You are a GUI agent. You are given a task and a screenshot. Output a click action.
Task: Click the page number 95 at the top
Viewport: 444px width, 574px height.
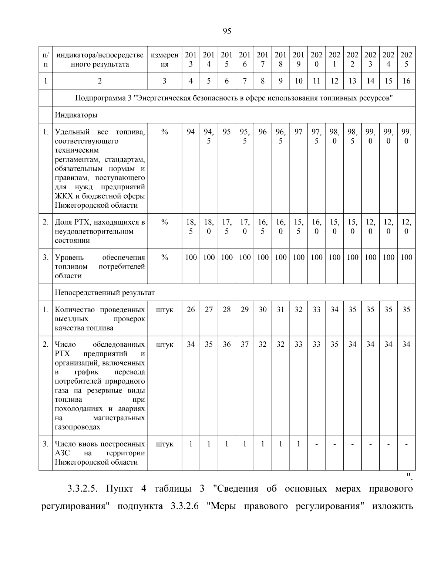227,31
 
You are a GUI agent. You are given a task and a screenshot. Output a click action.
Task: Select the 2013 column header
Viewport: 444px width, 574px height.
191,59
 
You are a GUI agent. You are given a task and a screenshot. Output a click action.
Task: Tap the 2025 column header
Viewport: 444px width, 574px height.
406,59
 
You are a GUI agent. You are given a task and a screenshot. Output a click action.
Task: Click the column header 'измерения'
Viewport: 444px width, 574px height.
165,59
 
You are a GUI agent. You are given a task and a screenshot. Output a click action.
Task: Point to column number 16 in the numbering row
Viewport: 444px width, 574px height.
406,81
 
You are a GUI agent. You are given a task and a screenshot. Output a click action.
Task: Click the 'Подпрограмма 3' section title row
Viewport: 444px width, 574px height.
233,98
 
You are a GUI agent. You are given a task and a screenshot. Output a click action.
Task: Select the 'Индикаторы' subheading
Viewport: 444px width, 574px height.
76,115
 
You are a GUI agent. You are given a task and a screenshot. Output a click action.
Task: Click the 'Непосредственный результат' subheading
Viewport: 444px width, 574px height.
105,293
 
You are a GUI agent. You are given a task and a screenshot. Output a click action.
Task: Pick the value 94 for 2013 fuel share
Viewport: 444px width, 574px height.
191,132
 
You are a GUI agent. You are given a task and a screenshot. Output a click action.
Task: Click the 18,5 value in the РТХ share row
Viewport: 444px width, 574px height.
191,227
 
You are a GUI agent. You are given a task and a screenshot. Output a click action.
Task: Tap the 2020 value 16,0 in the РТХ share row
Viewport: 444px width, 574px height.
316,227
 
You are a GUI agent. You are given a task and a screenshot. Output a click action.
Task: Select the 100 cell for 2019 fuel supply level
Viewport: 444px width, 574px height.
298,258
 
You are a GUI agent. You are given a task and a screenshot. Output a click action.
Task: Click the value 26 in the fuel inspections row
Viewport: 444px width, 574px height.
191,310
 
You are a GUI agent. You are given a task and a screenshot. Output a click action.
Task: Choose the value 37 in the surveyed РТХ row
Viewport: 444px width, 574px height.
245,344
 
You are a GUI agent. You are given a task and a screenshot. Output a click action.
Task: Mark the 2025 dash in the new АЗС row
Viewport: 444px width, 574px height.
406,444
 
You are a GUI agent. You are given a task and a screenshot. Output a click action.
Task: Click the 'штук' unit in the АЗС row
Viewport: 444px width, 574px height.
165,444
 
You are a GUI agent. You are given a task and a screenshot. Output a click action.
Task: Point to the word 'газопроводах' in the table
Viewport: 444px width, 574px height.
77,427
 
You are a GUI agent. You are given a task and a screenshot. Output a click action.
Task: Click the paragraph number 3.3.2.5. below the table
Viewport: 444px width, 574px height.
82,489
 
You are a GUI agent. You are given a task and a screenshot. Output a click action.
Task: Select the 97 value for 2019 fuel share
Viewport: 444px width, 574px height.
298,132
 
